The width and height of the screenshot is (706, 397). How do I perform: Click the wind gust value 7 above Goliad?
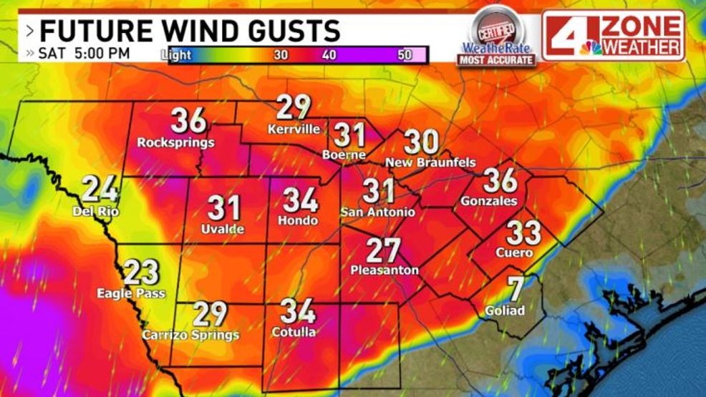pos(515,289)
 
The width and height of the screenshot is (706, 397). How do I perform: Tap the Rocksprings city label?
pos(175,142)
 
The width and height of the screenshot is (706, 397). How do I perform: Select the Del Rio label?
pos(95,211)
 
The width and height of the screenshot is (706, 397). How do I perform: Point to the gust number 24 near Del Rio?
pos(100,190)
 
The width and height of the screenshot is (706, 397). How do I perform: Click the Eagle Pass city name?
pos(132,293)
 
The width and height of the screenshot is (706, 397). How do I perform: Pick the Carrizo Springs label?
pos(190,335)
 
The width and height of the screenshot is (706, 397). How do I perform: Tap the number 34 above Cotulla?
pos(298,311)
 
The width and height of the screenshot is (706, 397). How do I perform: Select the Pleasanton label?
pos(384,270)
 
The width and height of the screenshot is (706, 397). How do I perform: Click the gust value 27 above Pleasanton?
pos(384,250)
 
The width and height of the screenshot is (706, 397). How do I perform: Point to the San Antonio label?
pos(377,212)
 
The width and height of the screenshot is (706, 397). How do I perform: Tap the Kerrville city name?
pos(294,129)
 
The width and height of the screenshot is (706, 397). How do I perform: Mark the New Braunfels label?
pos(430,162)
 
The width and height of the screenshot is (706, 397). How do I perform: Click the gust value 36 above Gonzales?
pos(500,180)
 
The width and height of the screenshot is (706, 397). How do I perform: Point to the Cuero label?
pos(518,253)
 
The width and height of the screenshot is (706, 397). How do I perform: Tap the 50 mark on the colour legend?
pos(405,54)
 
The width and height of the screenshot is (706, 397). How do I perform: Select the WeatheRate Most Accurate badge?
pos(495,37)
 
